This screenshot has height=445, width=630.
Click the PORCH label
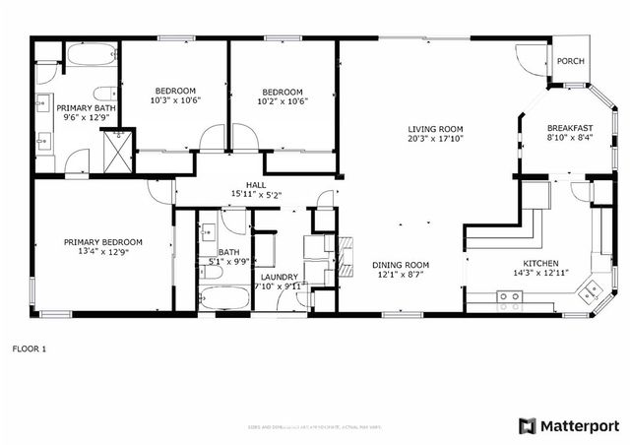tap(570, 61)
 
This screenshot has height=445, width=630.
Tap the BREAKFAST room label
tap(570, 129)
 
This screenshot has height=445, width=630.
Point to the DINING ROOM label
tap(401, 264)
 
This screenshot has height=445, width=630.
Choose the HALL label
tap(255, 184)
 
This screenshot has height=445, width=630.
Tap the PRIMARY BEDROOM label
tap(103, 242)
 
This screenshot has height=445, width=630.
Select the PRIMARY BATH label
tap(83, 108)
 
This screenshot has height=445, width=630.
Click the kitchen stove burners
tap(509, 299)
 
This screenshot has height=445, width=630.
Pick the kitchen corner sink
tap(591, 288)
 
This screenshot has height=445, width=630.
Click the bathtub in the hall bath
tap(222, 296)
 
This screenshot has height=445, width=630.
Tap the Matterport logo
tap(569, 425)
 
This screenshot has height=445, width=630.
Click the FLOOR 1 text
tap(30, 348)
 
